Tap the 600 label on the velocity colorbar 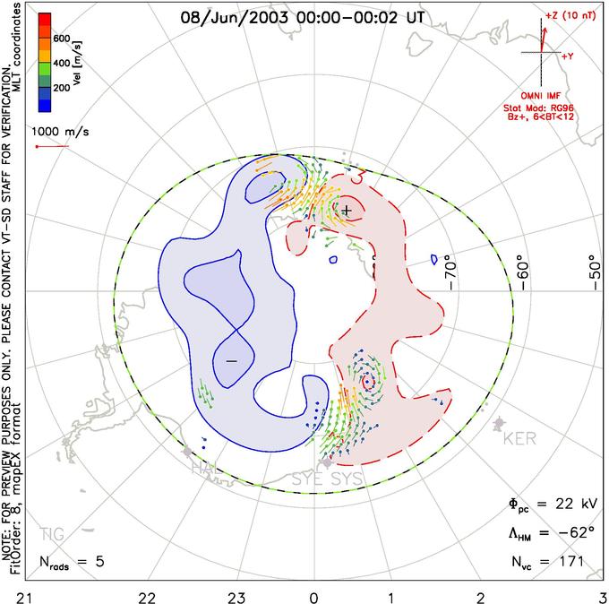tap(62, 39)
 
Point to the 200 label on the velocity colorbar tap(62, 90)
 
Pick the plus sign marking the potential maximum tap(347, 210)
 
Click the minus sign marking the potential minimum tap(231, 359)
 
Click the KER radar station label tap(519, 440)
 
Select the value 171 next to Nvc tap(570, 562)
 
